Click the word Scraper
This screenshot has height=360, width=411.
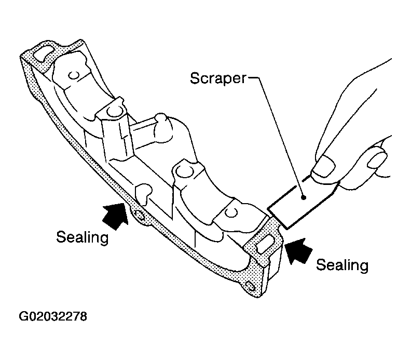[x=218, y=78]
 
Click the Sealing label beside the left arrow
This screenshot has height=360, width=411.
[x=83, y=237]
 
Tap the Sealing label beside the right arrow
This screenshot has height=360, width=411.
[x=342, y=265]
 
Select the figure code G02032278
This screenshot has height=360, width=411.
[x=53, y=316]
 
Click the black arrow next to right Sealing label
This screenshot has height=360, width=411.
[x=298, y=251]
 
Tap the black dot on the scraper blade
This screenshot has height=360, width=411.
[x=304, y=197]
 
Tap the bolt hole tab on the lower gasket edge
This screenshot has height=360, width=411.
[x=139, y=217]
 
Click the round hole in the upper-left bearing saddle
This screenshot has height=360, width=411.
[x=74, y=75]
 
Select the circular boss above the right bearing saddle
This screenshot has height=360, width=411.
[x=183, y=171]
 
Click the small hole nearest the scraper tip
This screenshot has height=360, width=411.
[x=230, y=212]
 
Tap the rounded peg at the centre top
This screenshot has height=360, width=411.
[x=160, y=118]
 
